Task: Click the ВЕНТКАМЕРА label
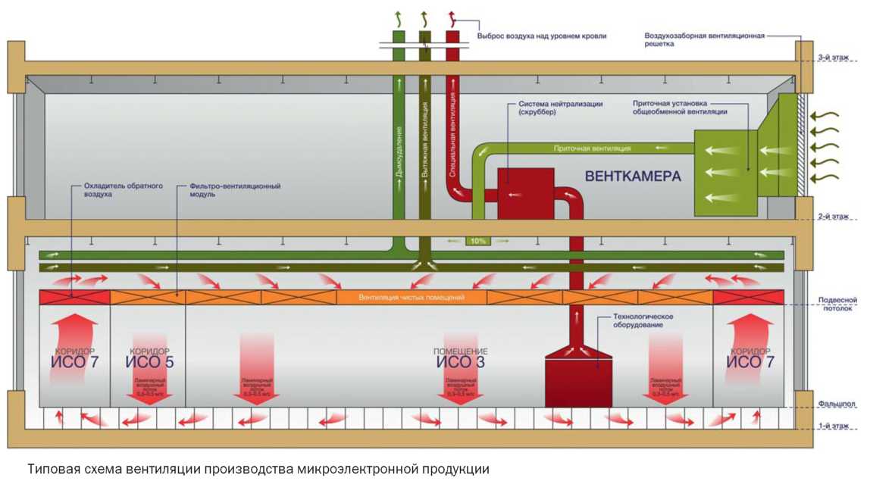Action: (x=633, y=176)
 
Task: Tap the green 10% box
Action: (x=478, y=241)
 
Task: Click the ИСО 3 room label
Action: (x=461, y=359)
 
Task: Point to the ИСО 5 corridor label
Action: (x=149, y=359)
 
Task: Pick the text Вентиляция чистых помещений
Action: (x=411, y=298)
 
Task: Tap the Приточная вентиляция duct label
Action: (x=592, y=148)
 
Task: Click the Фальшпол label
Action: (x=837, y=404)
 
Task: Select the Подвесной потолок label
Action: (x=837, y=304)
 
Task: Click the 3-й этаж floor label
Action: (x=833, y=58)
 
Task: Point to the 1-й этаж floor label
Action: (x=833, y=426)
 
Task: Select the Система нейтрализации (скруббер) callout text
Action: (x=560, y=108)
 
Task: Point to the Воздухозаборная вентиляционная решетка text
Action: (x=704, y=39)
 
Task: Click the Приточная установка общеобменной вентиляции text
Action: (x=680, y=107)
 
